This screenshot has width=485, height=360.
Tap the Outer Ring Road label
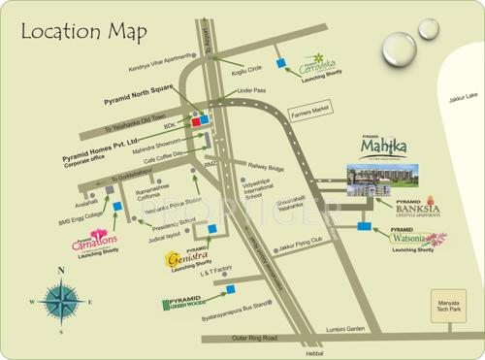(x=255, y=339)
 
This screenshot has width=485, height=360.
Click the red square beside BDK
(x=195, y=123)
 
